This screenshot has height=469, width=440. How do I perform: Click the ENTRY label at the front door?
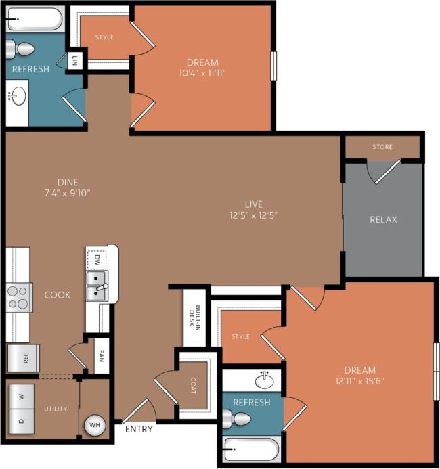click(x=139, y=429)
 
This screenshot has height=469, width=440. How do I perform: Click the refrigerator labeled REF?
click(x=24, y=359)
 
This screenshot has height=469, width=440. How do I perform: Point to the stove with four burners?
click(x=20, y=297)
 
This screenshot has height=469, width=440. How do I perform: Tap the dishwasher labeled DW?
click(x=97, y=259)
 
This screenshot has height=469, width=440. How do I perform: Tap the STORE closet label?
click(x=382, y=147)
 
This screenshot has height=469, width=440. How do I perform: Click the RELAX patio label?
click(x=383, y=219)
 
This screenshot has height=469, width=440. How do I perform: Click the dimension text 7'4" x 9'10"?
click(x=68, y=192)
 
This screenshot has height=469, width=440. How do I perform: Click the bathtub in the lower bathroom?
click(x=250, y=449)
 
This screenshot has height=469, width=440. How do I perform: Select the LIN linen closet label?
click(x=75, y=60)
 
